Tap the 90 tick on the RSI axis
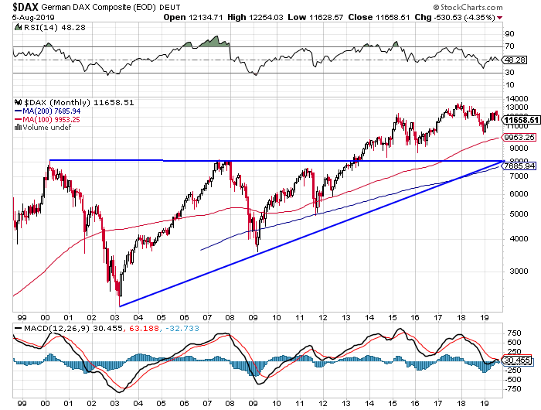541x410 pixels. click(x=510, y=34)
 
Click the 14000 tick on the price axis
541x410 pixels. click(x=515, y=99)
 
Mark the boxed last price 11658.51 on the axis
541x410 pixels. click(x=519, y=120)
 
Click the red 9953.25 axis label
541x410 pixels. click(x=519, y=137)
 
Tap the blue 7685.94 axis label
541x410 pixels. click(x=519, y=166)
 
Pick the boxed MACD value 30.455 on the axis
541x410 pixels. click(x=517, y=360)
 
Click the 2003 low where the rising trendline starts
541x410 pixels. click(x=120, y=305)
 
